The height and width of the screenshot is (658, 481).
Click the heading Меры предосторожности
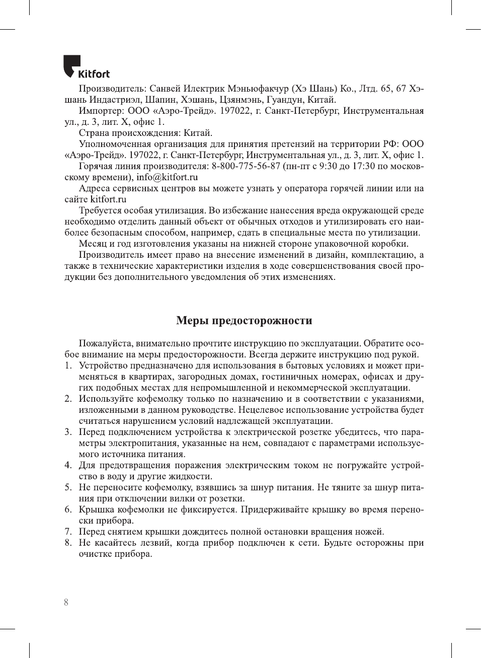(x=244, y=321)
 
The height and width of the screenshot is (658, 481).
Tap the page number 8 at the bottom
(x=66, y=602)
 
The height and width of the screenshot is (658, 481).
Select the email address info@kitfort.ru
(x=167, y=177)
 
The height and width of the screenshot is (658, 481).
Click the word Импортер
(x=100, y=111)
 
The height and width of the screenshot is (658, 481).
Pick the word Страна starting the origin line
(x=94, y=133)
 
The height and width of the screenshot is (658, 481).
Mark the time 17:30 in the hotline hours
(x=364, y=166)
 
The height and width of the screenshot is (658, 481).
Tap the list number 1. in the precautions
(x=68, y=365)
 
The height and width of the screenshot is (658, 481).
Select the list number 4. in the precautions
(x=68, y=465)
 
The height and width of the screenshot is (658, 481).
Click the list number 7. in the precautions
(x=68, y=532)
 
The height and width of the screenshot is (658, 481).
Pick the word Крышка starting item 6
(x=96, y=509)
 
